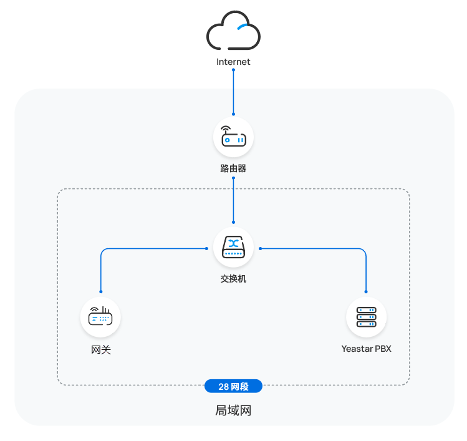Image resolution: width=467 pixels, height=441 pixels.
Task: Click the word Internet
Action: click(x=233, y=62)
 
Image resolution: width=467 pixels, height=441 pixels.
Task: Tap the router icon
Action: click(x=233, y=138)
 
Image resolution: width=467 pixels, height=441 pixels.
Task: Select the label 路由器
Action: click(x=233, y=168)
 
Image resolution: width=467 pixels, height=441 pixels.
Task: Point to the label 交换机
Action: click(x=233, y=279)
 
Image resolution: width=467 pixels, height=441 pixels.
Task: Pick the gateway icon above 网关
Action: click(x=100, y=317)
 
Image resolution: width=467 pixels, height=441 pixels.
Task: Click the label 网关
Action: click(x=100, y=350)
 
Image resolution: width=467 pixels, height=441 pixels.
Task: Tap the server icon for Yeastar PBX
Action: click(x=366, y=317)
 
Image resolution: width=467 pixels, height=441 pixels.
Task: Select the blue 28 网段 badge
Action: click(x=233, y=387)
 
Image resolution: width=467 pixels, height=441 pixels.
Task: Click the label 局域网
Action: click(x=233, y=411)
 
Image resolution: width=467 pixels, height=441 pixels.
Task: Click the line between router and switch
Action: click(x=233, y=200)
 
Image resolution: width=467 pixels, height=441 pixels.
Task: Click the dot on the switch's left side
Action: click(x=206, y=248)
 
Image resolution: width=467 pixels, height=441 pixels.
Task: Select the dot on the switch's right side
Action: click(x=260, y=248)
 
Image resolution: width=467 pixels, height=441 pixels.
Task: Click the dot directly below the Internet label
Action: click(x=233, y=70)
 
